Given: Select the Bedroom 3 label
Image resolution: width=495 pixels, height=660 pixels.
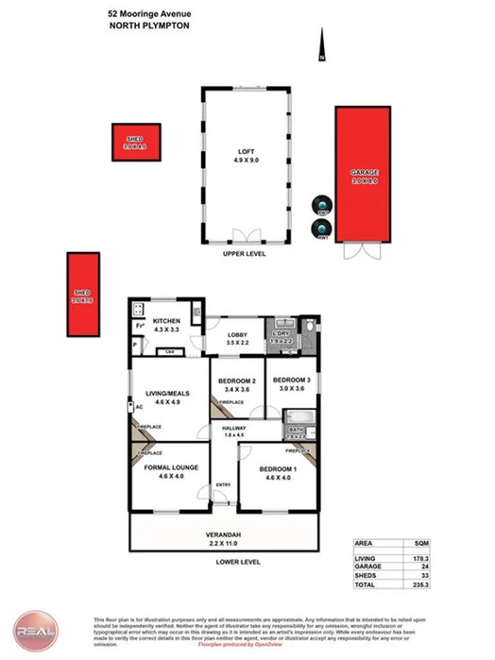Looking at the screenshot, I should click(x=296, y=382).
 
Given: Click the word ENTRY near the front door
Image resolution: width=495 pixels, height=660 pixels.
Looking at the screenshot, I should click(x=223, y=485).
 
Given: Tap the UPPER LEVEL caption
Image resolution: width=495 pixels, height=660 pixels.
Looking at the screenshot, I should click(x=244, y=255).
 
